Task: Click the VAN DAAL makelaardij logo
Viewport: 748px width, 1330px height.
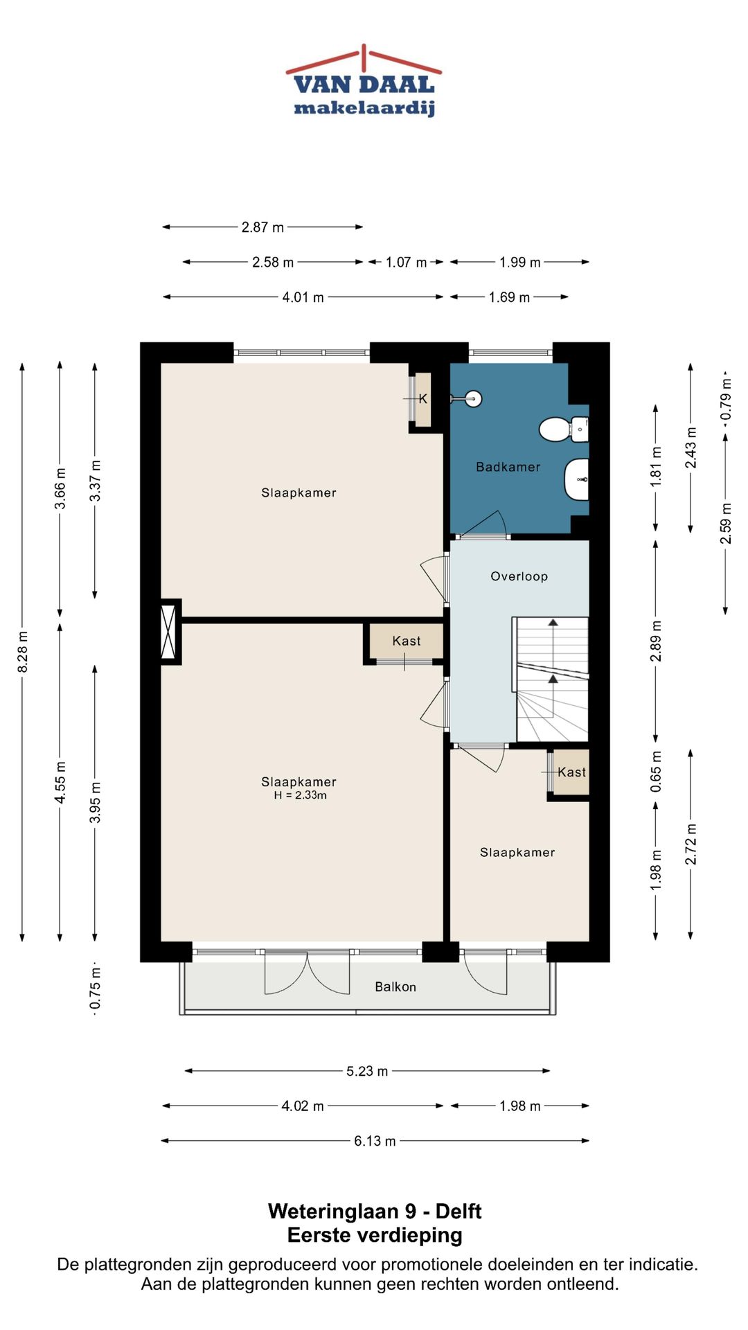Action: coord(364,81)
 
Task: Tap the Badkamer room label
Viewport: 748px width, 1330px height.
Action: coord(508,467)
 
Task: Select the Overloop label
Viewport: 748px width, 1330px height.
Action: coord(519,576)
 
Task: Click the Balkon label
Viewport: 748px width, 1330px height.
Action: coord(395,986)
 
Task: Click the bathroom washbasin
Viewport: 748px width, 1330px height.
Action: coord(576,479)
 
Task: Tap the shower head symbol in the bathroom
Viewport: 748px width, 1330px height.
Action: coord(474,398)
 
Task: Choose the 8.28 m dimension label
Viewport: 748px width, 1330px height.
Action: coord(23,651)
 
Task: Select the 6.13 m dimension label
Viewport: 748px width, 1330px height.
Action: coord(375,1141)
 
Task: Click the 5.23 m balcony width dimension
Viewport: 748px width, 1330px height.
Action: coord(367,1071)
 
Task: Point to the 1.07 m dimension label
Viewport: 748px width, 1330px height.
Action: coord(406,263)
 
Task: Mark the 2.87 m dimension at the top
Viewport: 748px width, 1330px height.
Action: coord(262,227)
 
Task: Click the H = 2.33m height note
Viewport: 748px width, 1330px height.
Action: coord(300,795)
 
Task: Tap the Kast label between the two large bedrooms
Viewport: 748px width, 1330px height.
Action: coord(407,641)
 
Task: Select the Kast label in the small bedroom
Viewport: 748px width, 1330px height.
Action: coord(571,772)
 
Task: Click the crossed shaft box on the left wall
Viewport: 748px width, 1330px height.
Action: coord(169,632)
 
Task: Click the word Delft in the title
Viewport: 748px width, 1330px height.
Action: coord(458,1212)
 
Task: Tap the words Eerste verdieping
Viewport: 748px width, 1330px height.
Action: coord(375,1235)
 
